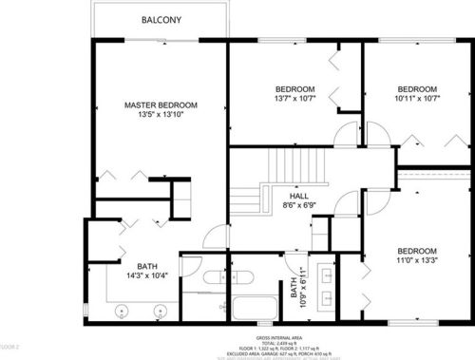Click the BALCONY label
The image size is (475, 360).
[161, 19]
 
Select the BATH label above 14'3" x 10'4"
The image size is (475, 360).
[146, 267]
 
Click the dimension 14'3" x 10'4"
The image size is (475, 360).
[146, 277]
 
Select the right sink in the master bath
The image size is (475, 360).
[158, 310]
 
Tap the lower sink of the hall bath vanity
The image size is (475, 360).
[329, 298]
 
